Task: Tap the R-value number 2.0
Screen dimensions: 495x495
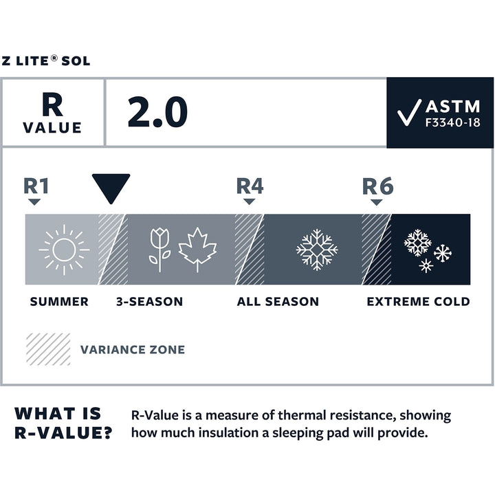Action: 157,112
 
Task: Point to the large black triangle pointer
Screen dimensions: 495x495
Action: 111,188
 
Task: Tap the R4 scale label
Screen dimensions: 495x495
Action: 249,186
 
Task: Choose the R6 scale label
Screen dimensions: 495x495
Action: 377,186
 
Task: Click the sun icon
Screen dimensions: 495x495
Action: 64,249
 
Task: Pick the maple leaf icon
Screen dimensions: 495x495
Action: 197,249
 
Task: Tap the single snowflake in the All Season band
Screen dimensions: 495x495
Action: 316,249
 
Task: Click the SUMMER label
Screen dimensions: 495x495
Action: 59,302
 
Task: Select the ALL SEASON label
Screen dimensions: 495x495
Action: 278,302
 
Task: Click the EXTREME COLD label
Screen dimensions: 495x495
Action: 418,302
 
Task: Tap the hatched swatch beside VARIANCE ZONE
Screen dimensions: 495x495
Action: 47,349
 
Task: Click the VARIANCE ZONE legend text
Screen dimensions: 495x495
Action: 133,349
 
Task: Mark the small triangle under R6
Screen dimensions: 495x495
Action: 376,202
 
